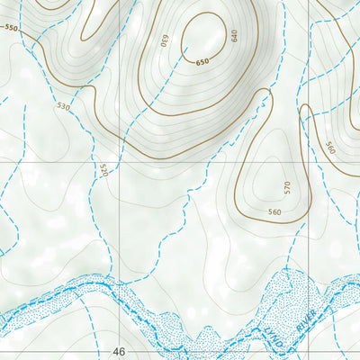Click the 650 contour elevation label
[202, 61]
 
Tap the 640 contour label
[234, 36]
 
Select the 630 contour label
[166, 40]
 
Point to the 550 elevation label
[11, 28]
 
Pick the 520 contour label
[103, 169]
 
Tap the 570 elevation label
[287, 188]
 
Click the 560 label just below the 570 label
[274, 212]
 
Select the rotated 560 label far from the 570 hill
[330, 148]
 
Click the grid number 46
[120, 351]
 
